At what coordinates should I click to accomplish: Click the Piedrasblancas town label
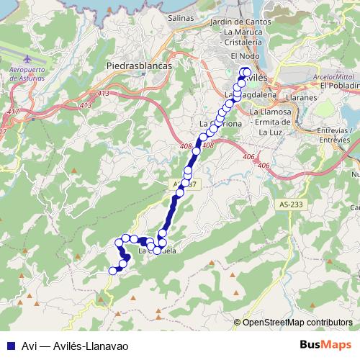(139, 65)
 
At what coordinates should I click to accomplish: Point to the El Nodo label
(243, 56)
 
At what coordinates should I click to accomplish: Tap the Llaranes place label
(282, 96)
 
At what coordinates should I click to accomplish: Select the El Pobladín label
(341, 86)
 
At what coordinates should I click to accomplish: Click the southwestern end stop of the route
(112, 271)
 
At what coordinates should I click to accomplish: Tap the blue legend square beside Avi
(8, 345)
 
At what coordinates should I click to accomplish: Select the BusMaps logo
(326, 344)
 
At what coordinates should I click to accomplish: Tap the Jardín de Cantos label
(242, 23)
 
